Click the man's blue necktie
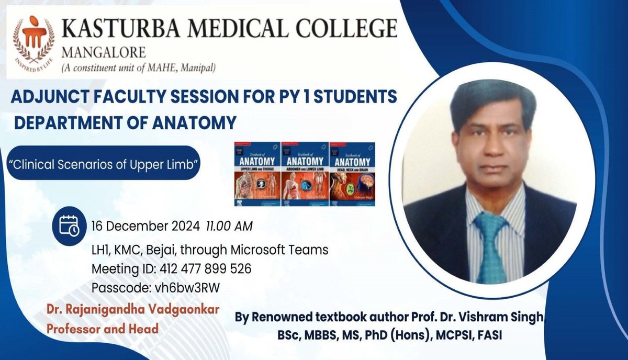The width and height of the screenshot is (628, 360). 490,245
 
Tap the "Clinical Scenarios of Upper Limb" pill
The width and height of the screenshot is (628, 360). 110,163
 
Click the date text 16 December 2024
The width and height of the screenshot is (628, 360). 145,227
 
